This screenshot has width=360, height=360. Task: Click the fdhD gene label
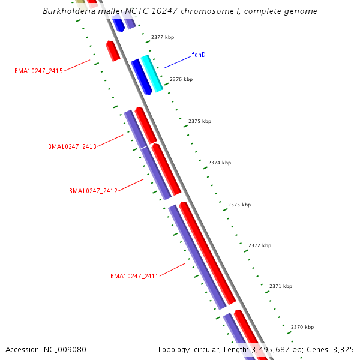(199, 55)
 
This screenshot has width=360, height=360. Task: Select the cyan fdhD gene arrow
(151, 73)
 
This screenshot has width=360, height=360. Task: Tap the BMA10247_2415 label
(38, 71)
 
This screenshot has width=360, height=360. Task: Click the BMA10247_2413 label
(72, 146)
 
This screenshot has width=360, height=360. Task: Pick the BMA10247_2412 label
(93, 191)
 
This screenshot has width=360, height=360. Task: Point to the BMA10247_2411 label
(134, 276)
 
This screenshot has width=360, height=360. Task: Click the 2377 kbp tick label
(163, 37)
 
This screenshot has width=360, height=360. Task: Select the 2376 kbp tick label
(181, 79)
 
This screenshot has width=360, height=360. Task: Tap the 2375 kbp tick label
(200, 121)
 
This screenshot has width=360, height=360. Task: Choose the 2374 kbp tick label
(220, 163)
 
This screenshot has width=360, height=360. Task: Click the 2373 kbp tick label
(239, 205)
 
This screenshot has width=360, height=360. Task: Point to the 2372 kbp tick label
(260, 245)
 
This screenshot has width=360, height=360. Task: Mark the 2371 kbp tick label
(281, 286)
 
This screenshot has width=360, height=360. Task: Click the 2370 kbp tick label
(302, 327)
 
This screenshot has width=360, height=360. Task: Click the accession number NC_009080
(65, 349)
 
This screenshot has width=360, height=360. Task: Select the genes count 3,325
(343, 349)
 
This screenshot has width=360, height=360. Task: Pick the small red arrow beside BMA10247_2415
(113, 50)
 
